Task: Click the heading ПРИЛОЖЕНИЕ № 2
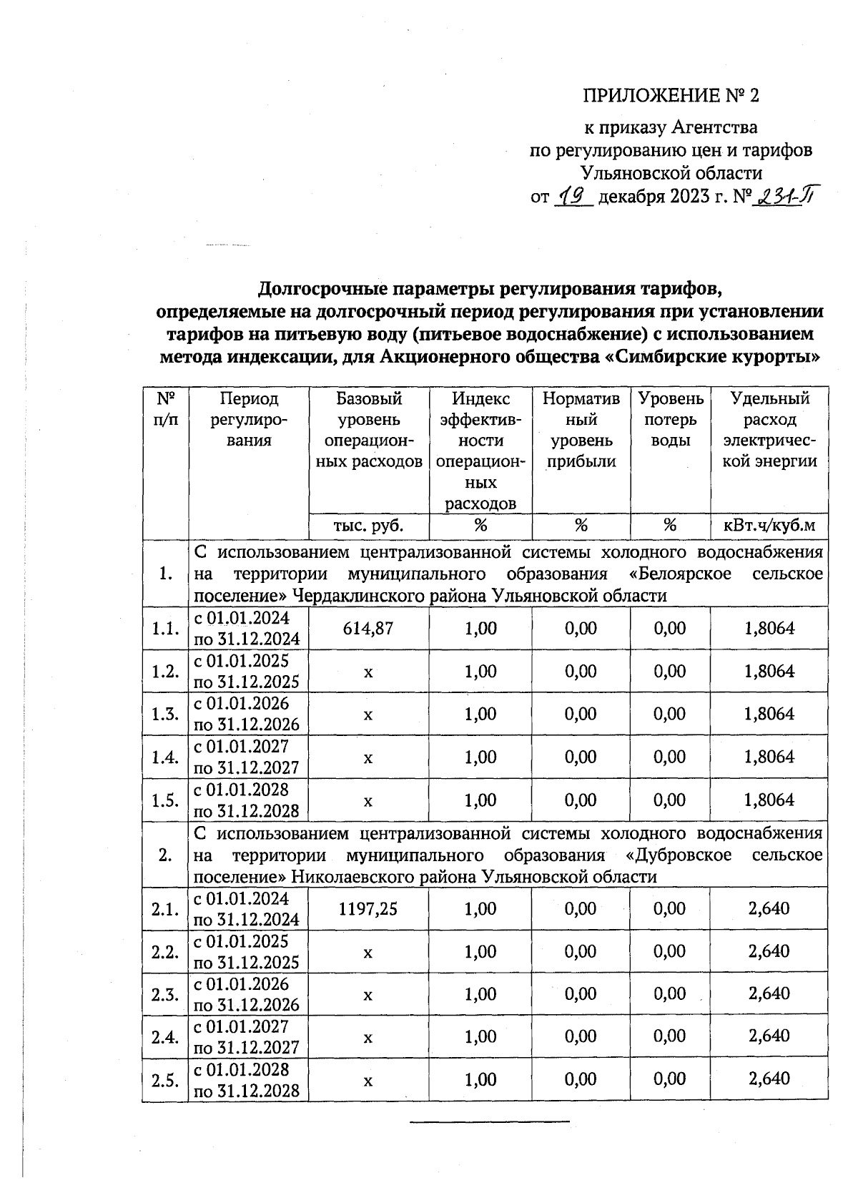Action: click(x=670, y=96)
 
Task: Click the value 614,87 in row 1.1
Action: click(x=368, y=629)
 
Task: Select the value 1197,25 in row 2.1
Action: click(x=368, y=909)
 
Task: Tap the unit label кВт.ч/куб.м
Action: click(x=769, y=526)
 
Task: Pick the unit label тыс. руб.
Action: click(x=368, y=526)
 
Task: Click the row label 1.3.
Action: click(x=165, y=714)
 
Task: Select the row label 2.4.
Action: click(x=165, y=1036)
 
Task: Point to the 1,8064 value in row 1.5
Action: click(x=769, y=800)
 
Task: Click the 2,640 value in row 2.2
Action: click(x=769, y=951)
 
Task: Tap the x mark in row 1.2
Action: click(x=368, y=672)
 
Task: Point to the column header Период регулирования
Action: click(x=248, y=420)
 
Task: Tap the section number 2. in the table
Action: click(x=165, y=855)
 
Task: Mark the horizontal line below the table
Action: click(x=490, y=1121)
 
